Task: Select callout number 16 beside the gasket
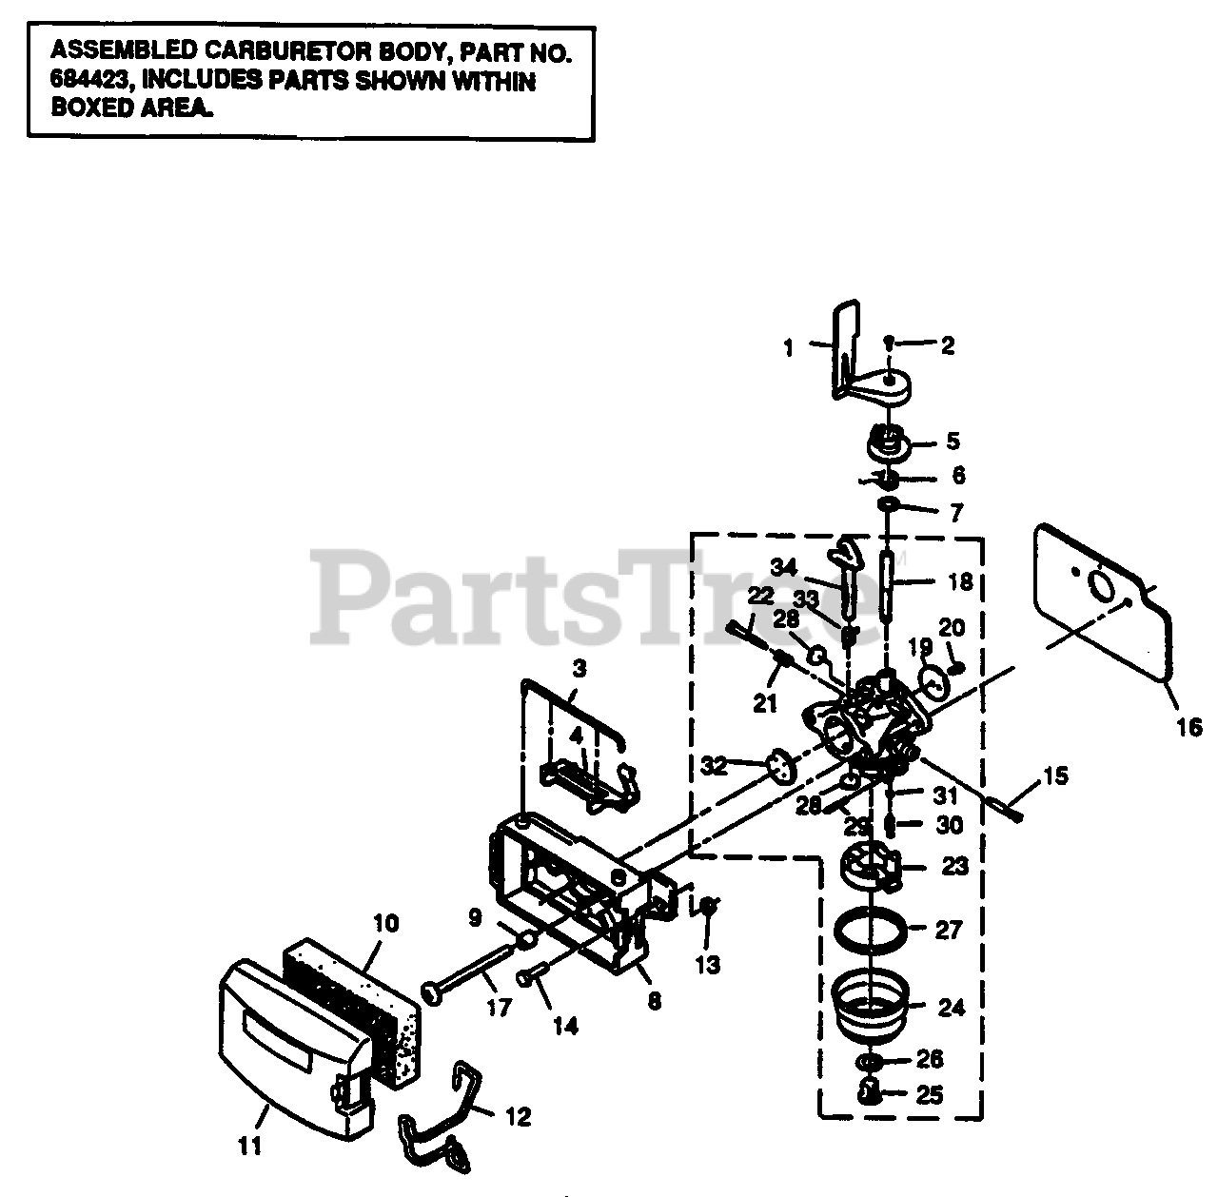tap(1189, 728)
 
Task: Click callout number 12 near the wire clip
tap(519, 1116)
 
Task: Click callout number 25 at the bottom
tap(930, 1095)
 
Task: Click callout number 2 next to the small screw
tap(947, 346)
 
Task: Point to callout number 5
tap(953, 442)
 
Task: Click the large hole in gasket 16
tap(1104, 585)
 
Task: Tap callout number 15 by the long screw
tap(1055, 775)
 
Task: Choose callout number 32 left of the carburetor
tap(714, 764)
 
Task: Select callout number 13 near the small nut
tap(707, 965)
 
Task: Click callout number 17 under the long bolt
tap(499, 1007)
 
